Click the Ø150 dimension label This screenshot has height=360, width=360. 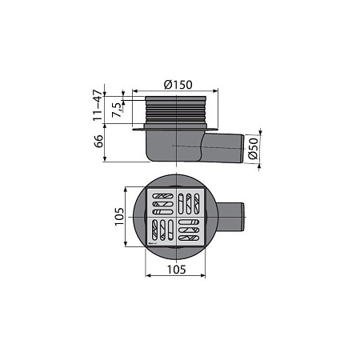(178, 85)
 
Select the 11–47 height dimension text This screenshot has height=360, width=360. (98, 106)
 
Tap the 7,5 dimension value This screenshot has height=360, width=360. (117, 110)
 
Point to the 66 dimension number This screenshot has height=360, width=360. (98, 142)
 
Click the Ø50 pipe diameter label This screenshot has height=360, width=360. (254, 149)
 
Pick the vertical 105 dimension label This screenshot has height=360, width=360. (119, 217)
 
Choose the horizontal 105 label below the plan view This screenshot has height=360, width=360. (176, 270)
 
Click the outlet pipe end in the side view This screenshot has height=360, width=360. (242, 149)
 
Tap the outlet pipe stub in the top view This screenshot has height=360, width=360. (230, 217)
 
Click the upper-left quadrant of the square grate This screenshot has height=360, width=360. (162, 202)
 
